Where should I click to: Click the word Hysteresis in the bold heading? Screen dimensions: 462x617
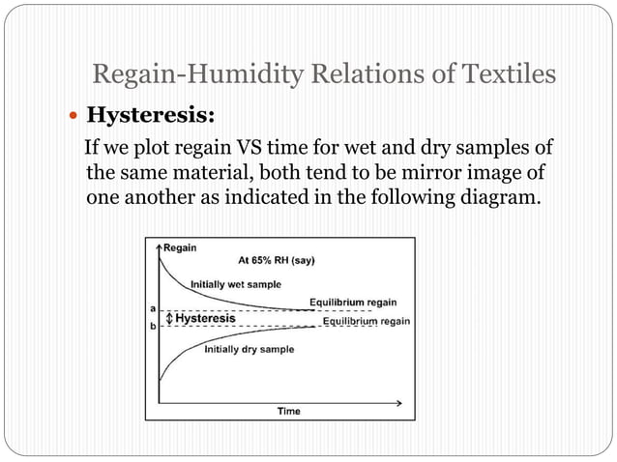pos(150,116)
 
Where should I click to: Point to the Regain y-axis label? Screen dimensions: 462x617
pos(180,248)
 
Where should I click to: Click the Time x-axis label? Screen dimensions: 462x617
pos(288,411)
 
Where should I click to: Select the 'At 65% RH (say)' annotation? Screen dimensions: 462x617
pos(276,260)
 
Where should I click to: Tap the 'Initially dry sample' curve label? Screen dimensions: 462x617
pos(249,349)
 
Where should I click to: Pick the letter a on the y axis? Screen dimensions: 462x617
pos(152,308)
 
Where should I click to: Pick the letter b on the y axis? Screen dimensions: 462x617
pos(152,327)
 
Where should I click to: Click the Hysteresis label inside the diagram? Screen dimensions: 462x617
pos(205,318)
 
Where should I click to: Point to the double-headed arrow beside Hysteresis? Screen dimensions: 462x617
pos(167,318)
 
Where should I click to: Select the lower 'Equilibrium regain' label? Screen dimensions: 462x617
pos(366,321)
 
